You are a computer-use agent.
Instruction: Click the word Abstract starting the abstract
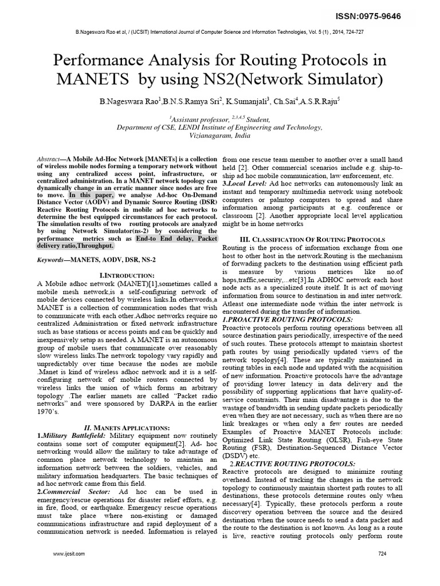tap(48, 158)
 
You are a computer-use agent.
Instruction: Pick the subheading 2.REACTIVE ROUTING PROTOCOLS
tap(292, 463)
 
